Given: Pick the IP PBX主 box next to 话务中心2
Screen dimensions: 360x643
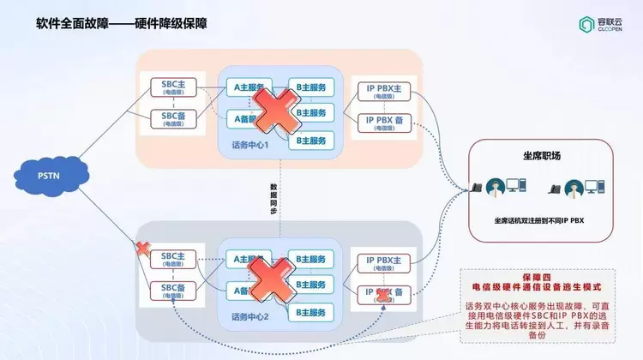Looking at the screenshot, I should pos(384,262).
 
